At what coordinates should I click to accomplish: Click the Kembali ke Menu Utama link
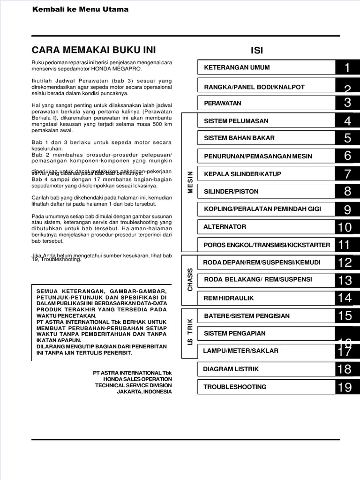80,9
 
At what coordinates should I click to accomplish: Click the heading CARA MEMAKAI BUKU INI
93,50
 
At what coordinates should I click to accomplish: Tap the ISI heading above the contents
257,51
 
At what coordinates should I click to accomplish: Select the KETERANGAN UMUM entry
237,67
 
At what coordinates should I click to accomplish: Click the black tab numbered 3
347,103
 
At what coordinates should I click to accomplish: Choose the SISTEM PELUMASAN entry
236,121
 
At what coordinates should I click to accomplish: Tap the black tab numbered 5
347,138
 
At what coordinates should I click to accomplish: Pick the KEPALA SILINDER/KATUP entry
242,174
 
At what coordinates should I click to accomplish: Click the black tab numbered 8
347,191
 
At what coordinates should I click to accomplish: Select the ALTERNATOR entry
225,227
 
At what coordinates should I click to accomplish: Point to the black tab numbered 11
345,245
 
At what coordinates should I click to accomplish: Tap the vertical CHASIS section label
190,280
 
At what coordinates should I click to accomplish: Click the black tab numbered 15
345,316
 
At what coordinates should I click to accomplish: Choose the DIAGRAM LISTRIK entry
231,369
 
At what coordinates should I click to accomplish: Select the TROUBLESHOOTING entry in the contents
235,387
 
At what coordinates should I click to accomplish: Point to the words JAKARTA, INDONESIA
144,392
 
